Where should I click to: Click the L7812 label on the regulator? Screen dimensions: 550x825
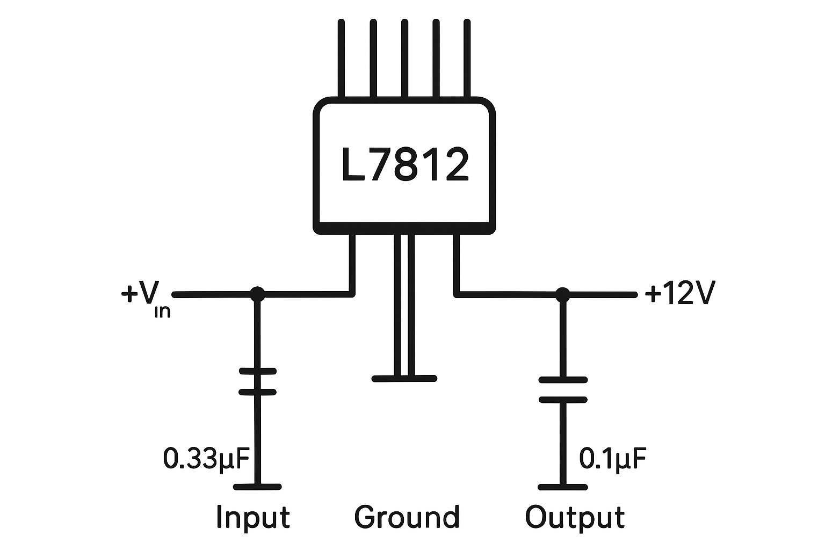tap(405, 165)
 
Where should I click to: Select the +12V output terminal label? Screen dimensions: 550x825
tap(679, 294)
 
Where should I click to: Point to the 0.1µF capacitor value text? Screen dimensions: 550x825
tap(612, 458)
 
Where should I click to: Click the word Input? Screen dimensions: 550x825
tap(252, 517)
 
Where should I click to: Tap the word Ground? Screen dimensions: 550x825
tap(407, 517)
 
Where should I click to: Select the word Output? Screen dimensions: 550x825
tap(575, 517)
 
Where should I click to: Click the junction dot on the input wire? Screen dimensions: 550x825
tap(258, 294)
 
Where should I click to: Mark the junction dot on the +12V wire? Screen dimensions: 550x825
tap(562, 294)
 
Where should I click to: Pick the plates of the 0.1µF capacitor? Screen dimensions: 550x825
tap(562, 389)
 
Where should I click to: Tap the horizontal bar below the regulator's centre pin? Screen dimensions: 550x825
tap(404, 378)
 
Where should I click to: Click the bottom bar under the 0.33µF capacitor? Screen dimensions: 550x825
tap(258, 487)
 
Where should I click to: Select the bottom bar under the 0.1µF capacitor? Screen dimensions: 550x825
tap(562, 487)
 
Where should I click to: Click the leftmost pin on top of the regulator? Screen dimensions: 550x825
tap(341, 59)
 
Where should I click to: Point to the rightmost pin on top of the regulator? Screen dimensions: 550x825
tap(467, 59)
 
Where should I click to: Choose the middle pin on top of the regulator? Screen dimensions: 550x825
tap(404, 59)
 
